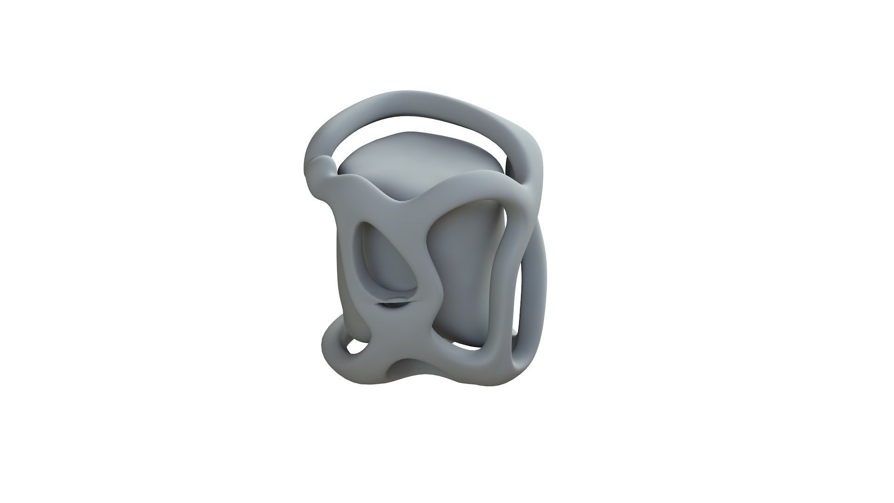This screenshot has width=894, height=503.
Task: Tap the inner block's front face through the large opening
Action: (x=466, y=275)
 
